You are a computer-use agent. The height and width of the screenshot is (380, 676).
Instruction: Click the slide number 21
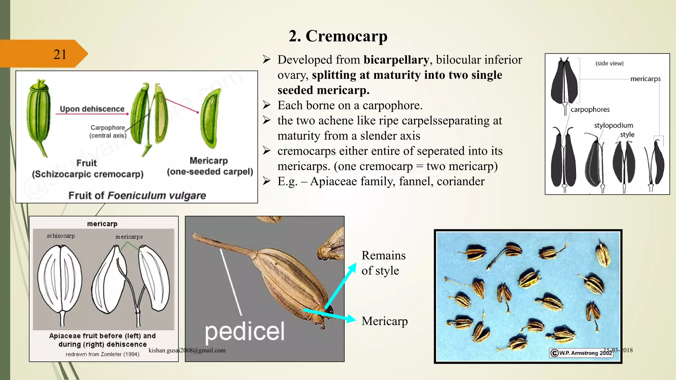tap(60, 54)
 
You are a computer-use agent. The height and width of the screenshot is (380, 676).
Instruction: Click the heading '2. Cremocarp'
tap(338, 36)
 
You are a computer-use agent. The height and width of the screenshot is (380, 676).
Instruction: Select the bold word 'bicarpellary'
tap(396, 60)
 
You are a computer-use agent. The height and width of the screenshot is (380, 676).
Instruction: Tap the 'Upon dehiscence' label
tap(92, 109)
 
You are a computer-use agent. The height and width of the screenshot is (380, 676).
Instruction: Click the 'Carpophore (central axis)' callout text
tap(108, 131)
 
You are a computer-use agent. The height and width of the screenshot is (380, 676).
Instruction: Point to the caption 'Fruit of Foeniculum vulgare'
tap(137, 195)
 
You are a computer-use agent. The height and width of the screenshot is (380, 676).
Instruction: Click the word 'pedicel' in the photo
tap(245, 331)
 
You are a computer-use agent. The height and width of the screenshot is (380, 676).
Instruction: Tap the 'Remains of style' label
tap(383, 263)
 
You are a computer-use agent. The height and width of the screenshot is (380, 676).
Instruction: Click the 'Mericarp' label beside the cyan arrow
tap(385, 321)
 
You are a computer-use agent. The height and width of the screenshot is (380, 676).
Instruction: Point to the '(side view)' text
tap(609, 63)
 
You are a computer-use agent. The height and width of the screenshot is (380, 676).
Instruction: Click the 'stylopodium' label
tap(613, 125)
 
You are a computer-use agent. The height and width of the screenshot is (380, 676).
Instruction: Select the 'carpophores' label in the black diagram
tap(590, 110)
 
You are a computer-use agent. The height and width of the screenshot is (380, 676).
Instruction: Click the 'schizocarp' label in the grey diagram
tap(61, 236)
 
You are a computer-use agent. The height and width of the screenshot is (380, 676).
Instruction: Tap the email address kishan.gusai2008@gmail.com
tap(187, 350)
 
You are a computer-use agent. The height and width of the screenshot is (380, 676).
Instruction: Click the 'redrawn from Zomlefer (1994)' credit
tap(102, 354)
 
